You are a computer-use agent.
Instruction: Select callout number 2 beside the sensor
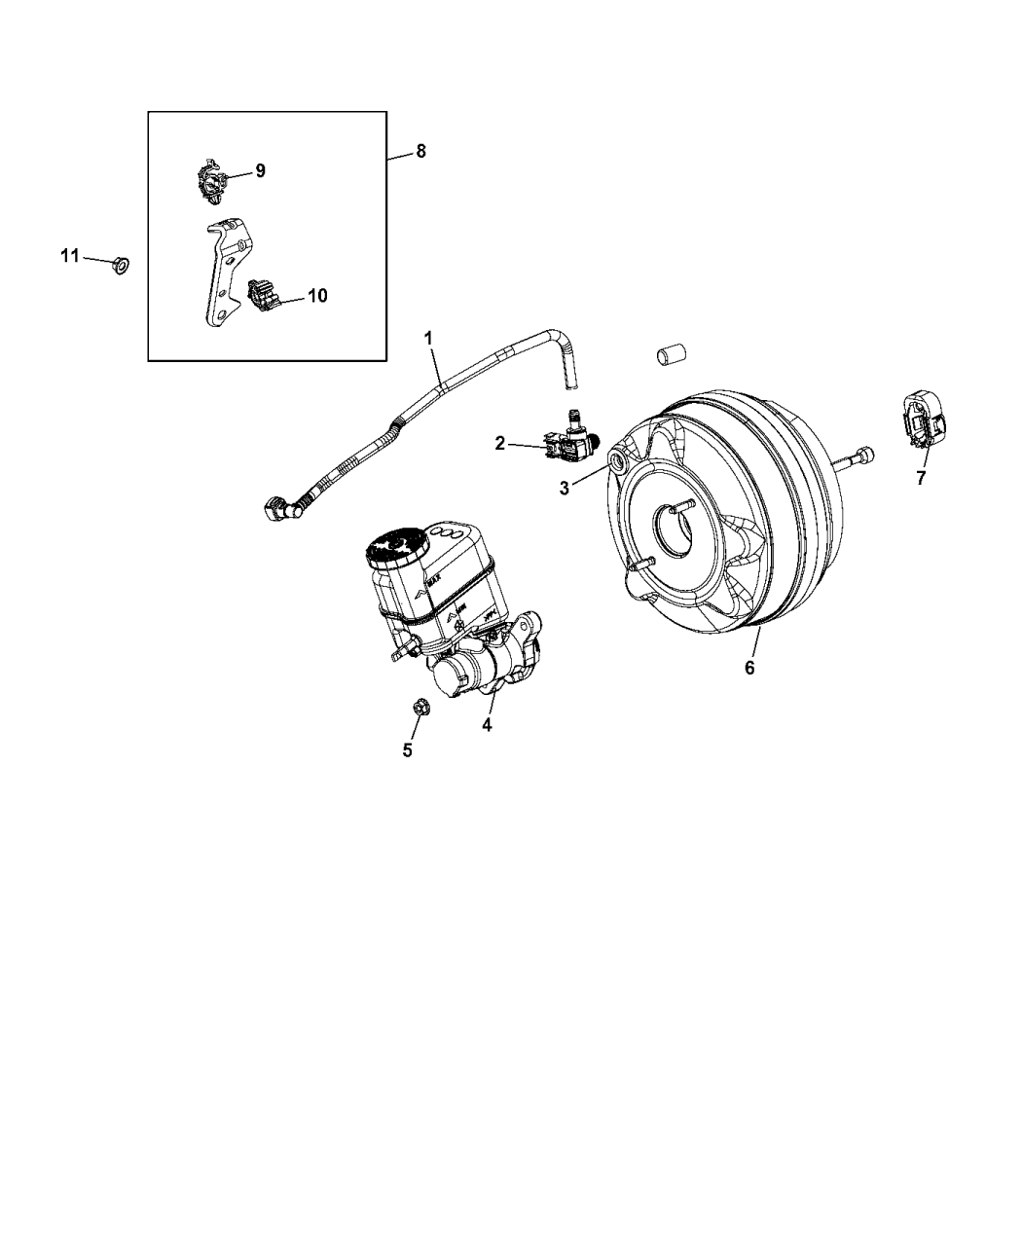click(500, 444)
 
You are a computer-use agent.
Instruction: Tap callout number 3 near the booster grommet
click(564, 488)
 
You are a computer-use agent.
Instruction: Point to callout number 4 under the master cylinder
click(486, 725)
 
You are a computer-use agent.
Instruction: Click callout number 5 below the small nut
click(408, 750)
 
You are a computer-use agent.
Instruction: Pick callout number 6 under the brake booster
click(748, 668)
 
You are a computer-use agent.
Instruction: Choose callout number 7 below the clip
click(921, 478)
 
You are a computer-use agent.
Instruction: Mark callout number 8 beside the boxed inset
click(420, 151)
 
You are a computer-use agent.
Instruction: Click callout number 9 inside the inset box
click(260, 171)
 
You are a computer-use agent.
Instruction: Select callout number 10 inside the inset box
click(317, 296)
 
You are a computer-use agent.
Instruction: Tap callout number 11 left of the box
click(69, 256)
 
